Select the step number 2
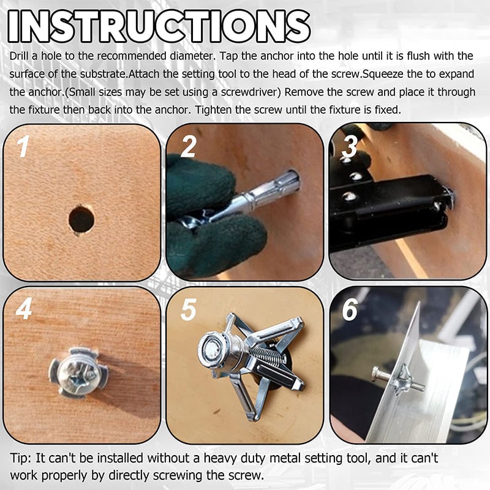pyautogui.click(x=188, y=148)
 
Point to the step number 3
pyautogui.click(x=350, y=148)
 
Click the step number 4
pyautogui.click(x=24, y=310)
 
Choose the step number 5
pyautogui.click(x=187, y=310)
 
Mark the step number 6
pyautogui.click(x=350, y=310)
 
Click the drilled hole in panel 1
pyautogui.click(x=81, y=219)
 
